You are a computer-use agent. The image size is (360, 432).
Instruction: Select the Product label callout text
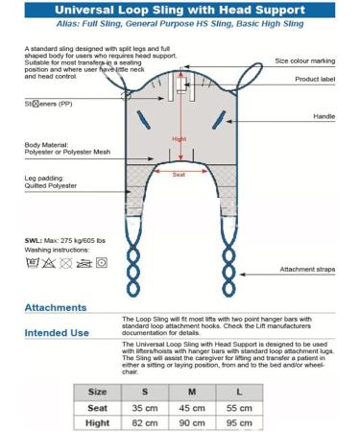315,79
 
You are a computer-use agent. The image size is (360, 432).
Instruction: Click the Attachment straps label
307,270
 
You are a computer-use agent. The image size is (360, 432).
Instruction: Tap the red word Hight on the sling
179,137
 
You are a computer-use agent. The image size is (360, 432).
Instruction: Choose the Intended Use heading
58,334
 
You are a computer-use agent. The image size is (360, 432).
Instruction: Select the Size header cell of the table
97,392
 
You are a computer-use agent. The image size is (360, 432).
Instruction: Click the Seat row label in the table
97,408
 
